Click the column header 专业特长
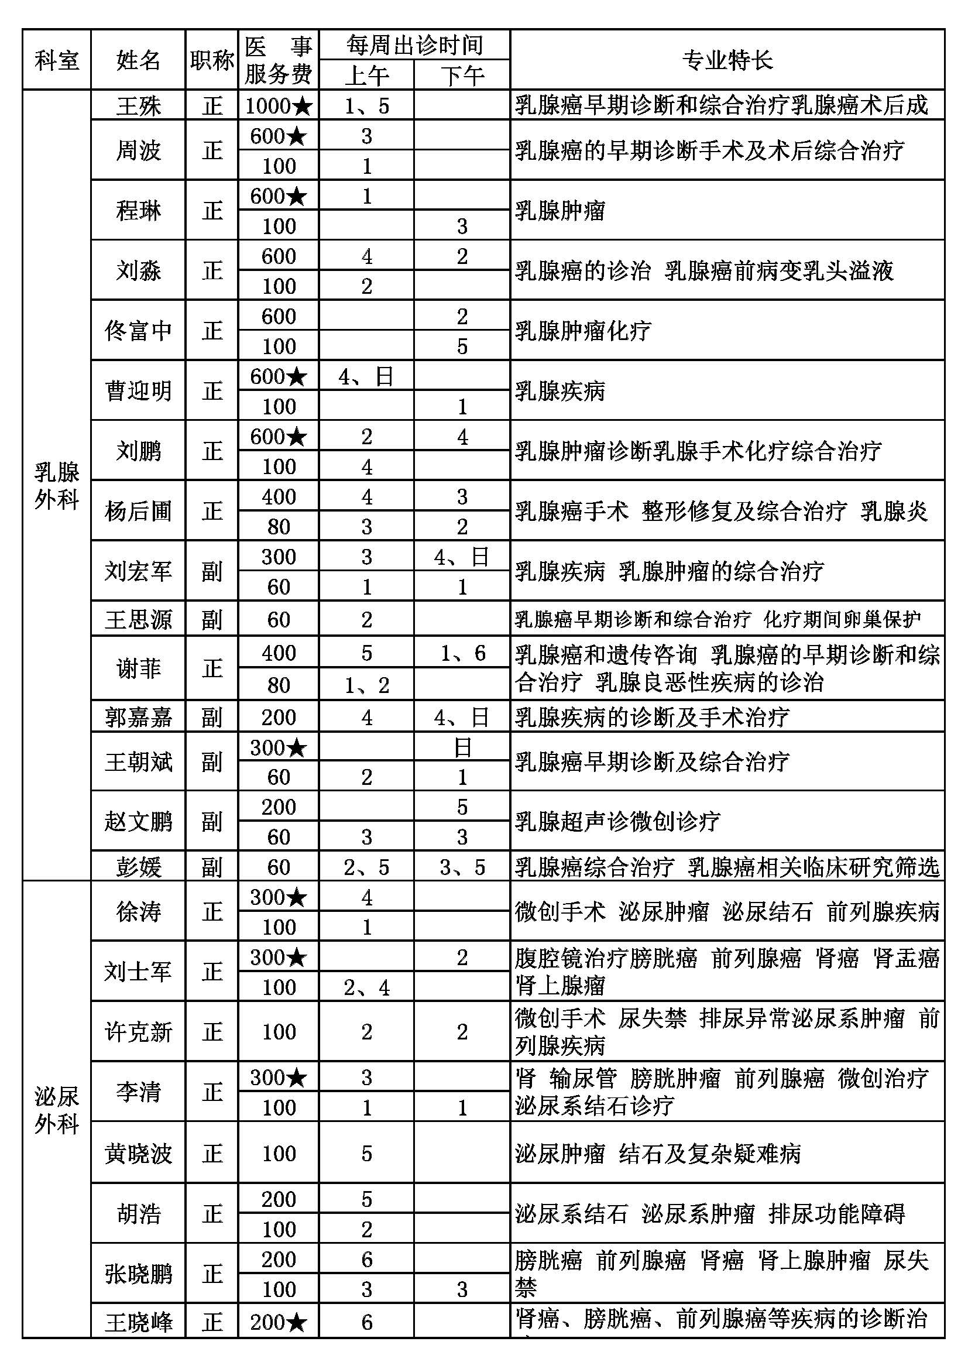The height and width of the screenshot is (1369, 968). tap(727, 60)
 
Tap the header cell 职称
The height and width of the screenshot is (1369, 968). tap(212, 60)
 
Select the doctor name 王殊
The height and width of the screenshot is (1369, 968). tap(138, 106)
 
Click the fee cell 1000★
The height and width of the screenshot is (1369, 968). tap(279, 106)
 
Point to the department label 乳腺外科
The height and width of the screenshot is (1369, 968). tap(57, 485)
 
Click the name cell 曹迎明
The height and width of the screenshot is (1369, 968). tap(138, 391)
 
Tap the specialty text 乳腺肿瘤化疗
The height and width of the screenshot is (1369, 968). tap(583, 331)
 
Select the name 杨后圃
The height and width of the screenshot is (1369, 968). tap(138, 511)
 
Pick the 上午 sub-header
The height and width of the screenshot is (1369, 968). tap(366, 75)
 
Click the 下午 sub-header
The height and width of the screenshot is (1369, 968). tap(462, 75)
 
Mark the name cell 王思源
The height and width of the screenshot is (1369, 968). tap(138, 619)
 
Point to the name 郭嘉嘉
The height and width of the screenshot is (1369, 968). tap(138, 717)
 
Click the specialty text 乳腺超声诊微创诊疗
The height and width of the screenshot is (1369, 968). tap(617, 822)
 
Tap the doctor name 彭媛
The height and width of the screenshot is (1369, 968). tap(138, 867)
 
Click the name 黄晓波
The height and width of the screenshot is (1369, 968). tap(138, 1154)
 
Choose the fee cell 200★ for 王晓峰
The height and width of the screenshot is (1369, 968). tap(279, 1323)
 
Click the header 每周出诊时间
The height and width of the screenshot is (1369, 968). tap(414, 44)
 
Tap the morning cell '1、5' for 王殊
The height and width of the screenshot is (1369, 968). tap(366, 106)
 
